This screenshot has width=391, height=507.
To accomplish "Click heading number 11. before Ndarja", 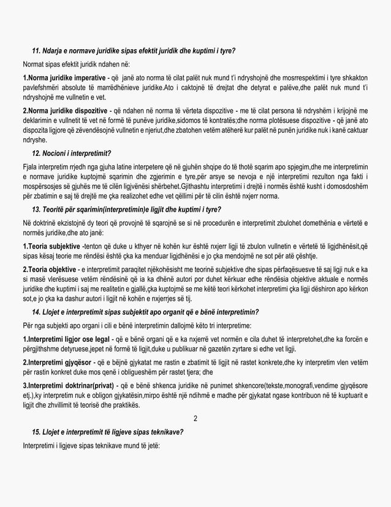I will tap(37, 50).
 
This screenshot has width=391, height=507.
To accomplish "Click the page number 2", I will tap(195, 419).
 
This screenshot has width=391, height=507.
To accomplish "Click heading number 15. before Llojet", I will tap(37, 432).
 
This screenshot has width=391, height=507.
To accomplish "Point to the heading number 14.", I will tap(37, 312).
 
